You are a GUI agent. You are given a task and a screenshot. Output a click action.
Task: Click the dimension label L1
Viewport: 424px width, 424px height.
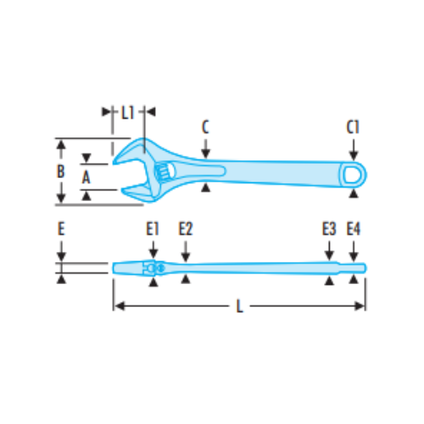click(x=128, y=111)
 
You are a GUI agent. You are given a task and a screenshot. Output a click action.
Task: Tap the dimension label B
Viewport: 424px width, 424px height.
click(x=60, y=171)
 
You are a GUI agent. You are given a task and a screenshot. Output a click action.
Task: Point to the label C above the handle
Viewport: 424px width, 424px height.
click(x=205, y=127)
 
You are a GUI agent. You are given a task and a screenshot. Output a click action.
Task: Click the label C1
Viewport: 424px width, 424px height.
click(x=354, y=127)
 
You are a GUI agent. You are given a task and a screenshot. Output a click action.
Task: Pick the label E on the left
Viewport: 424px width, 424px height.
click(x=61, y=228)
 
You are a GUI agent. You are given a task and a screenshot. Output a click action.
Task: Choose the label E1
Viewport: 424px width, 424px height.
click(x=153, y=228)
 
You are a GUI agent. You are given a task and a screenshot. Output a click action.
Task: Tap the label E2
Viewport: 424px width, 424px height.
click(x=186, y=228)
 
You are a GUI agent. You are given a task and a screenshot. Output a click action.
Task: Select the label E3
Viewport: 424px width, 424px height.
click(x=329, y=228)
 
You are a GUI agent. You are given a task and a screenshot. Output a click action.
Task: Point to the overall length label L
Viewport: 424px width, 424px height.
click(x=240, y=307)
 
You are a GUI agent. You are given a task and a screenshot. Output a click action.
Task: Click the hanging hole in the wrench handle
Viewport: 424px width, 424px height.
click(x=351, y=176)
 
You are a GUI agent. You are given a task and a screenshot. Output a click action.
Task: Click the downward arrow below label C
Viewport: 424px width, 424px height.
click(x=205, y=152)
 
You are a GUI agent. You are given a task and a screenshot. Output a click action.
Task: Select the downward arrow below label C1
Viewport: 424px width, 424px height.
click(x=354, y=152)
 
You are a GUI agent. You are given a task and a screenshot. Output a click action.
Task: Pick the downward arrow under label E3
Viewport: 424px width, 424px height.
click(x=329, y=255)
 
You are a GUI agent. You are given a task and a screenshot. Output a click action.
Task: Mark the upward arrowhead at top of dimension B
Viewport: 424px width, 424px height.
click(x=60, y=146)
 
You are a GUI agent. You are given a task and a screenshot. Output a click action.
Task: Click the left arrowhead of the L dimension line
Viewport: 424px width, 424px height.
click(x=119, y=305)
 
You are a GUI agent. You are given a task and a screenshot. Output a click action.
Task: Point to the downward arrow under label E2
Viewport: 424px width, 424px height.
click(x=186, y=255)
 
